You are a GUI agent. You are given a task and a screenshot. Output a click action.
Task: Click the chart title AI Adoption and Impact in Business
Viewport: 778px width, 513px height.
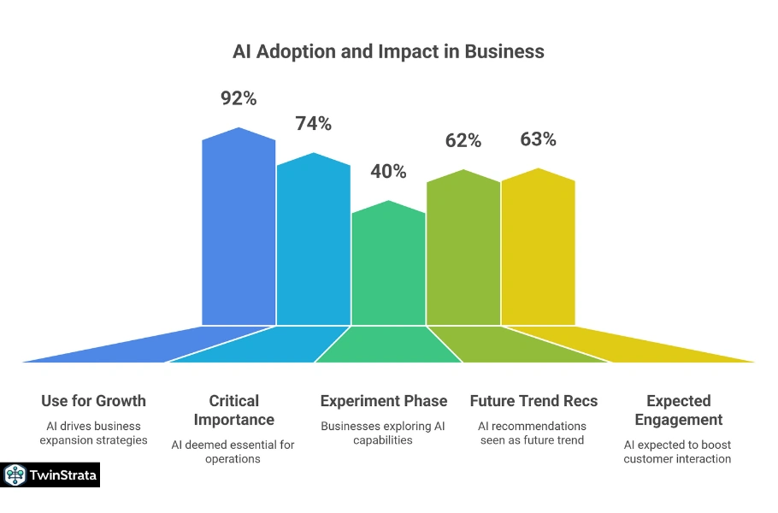tap(388, 51)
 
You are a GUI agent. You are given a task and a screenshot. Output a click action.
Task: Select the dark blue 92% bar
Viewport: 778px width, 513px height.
tap(239, 231)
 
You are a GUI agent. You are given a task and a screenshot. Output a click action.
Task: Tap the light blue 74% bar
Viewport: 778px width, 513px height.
tap(313, 244)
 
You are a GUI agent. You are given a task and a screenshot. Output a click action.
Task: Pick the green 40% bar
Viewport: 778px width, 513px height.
tap(388, 265)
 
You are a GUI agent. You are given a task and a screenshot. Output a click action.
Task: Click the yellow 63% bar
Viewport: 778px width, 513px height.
tap(538, 248)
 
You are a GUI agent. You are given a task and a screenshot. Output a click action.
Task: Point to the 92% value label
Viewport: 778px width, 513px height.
tap(239, 98)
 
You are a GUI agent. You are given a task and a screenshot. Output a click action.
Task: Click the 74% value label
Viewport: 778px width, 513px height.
tap(313, 124)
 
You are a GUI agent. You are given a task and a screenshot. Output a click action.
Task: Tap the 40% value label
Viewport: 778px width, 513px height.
tap(388, 171)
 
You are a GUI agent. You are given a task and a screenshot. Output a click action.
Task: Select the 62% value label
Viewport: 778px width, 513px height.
tap(463, 140)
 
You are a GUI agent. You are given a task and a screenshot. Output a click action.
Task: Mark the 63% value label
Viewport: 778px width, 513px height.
tap(538, 139)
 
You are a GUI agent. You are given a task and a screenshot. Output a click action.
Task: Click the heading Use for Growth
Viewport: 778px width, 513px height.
tap(93, 401)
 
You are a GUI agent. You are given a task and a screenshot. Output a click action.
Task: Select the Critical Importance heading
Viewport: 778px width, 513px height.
tap(233, 410)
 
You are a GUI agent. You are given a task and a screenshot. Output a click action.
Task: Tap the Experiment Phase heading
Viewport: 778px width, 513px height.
tap(383, 401)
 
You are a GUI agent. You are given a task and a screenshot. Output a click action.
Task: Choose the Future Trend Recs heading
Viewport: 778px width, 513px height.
tap(533, 401)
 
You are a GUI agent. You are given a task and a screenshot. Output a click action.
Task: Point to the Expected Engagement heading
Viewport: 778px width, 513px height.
tap(678, 410)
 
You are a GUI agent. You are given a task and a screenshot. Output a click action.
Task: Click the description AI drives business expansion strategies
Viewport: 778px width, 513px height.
tap(93, 433)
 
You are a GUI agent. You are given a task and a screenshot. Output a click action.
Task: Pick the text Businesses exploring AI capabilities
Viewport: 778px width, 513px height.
tap(383, 433)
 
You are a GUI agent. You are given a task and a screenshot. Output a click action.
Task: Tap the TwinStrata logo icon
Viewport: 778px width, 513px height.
tap(15, 475)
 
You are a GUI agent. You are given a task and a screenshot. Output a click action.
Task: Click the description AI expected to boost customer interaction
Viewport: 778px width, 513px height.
tap(677, 451)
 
